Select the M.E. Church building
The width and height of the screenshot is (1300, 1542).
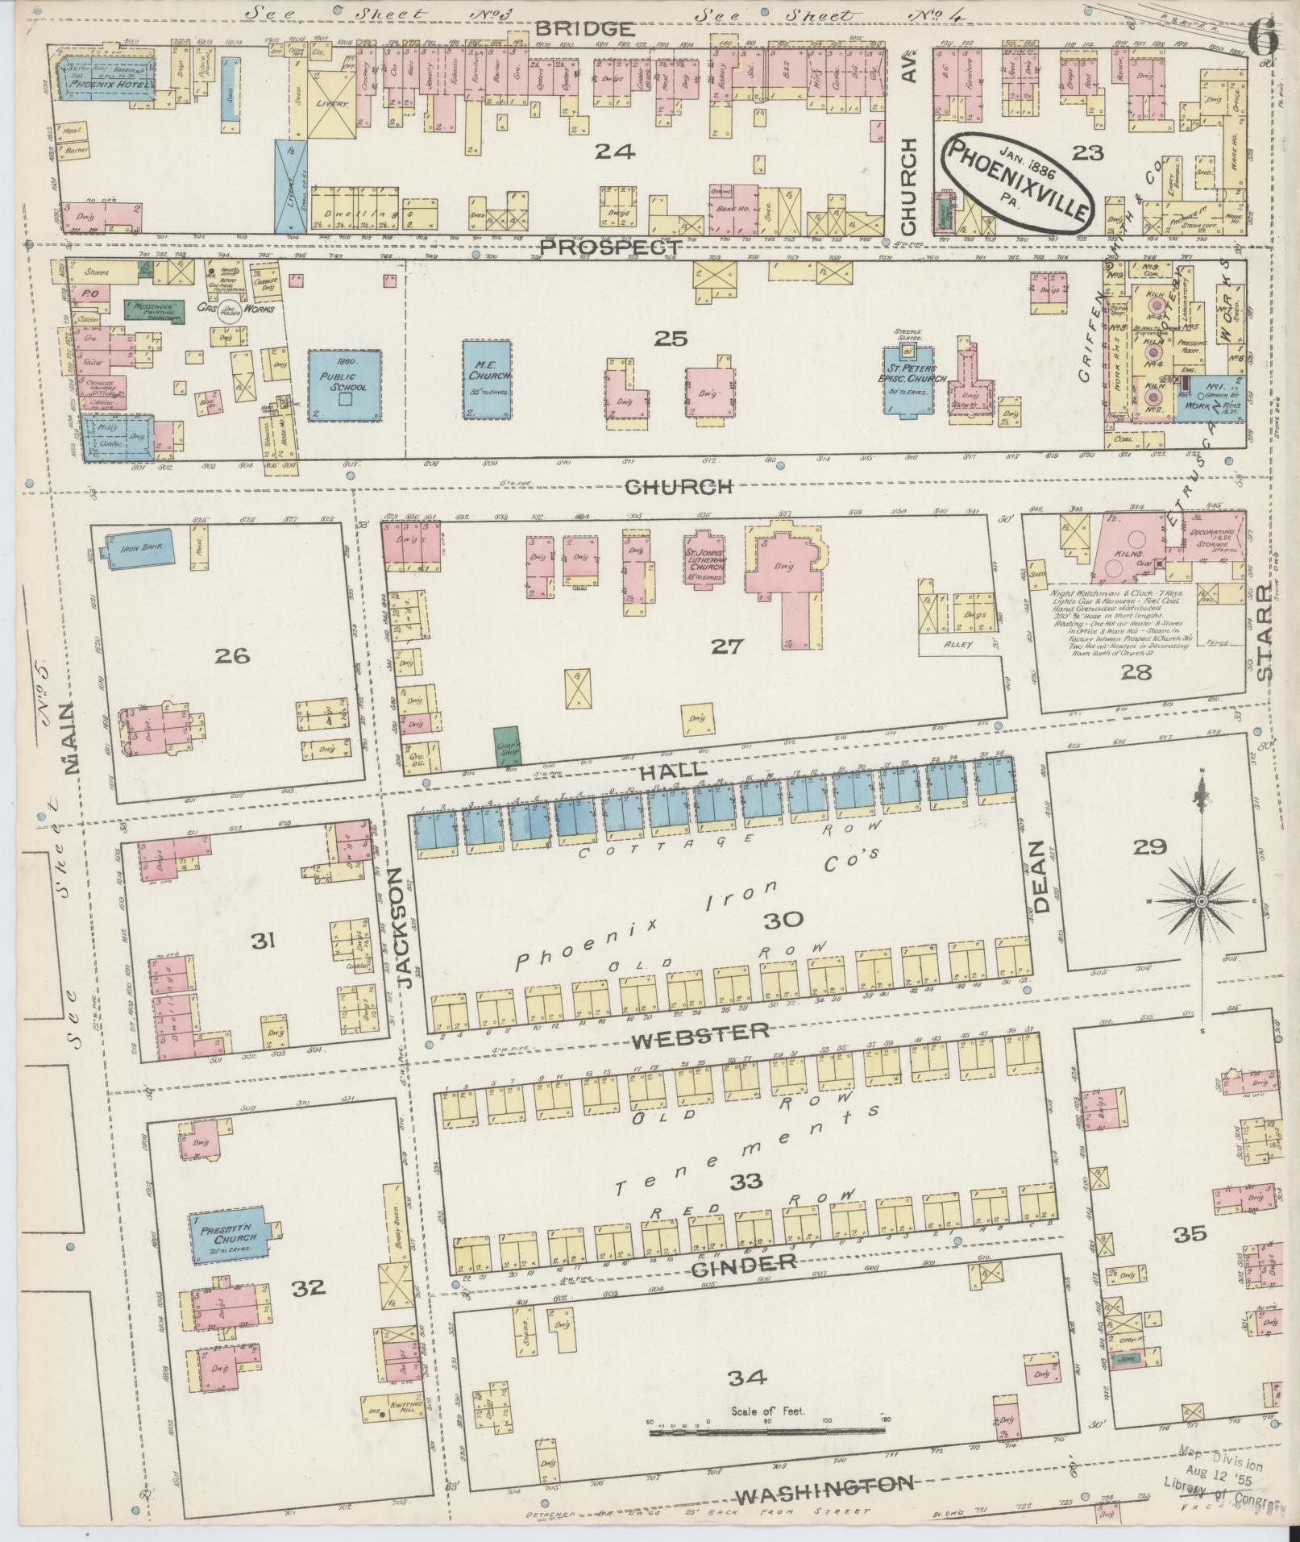click(x=487, y=378)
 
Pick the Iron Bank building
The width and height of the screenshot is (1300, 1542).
click(x=137, y=547)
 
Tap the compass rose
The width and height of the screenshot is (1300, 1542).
click(x=1201, y=900)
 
